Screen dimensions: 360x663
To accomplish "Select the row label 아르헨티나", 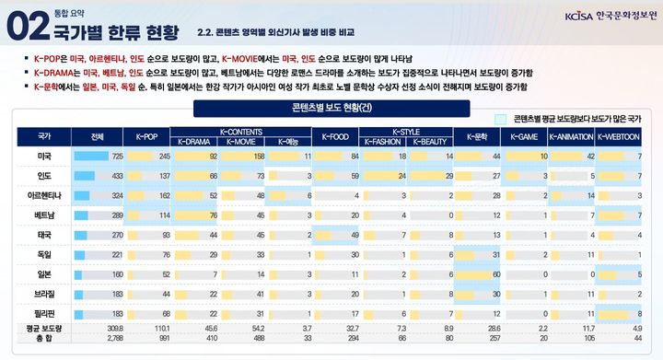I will point(44,196).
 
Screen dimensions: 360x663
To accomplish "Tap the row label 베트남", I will point(44,215).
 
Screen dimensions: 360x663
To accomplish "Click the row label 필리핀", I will point(44,314).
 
